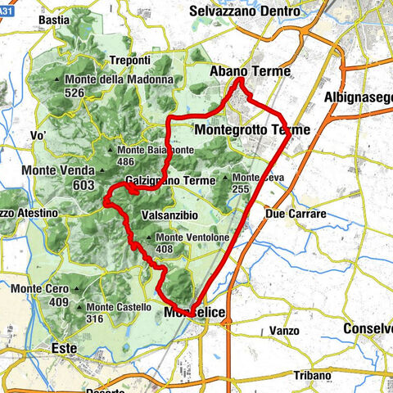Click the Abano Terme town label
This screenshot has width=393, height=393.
[251, 72]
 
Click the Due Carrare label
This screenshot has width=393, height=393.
[296, 214]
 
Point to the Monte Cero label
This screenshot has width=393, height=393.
[39, 288]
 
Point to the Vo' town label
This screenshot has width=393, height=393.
[38, 134]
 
